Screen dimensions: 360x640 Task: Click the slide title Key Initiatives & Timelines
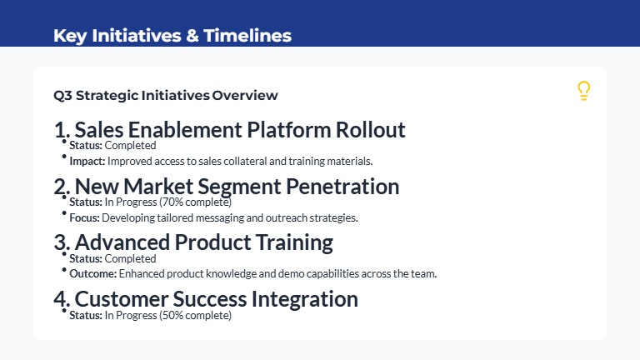[172, 36]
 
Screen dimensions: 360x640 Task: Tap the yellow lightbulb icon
[583, 92]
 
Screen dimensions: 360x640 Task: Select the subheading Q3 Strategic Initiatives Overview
[165, 95]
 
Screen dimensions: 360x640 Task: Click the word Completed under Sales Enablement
[130, 146]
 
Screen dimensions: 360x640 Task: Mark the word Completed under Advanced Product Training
[130, 259]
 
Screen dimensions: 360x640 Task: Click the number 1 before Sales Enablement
[59, 131]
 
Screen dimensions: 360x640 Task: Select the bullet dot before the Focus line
[64, 214]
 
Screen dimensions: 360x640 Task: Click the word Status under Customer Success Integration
[85, 316]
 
